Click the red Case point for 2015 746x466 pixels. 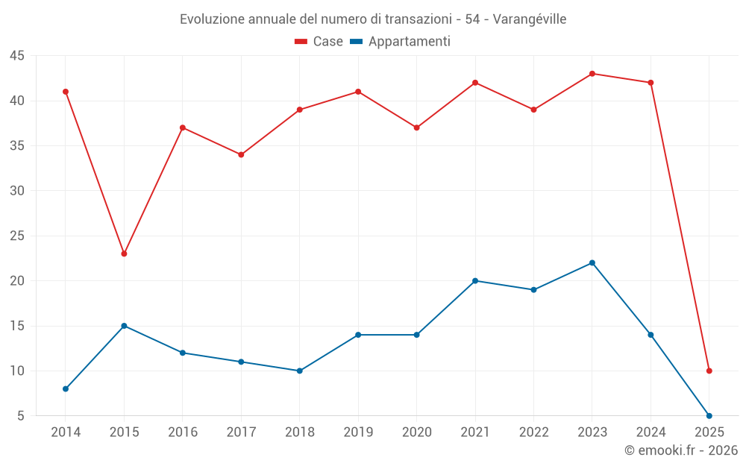click(x=124, y=254)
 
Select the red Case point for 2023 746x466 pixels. click(x=592, y=74)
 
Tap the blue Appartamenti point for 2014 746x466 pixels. click(x=66, y=388)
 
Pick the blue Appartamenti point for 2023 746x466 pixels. click(x=592, y=262)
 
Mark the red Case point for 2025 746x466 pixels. click(x=709, y=371)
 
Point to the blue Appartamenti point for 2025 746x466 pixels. click(x=709, y=415)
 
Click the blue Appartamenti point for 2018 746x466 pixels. click(x=300, y=371)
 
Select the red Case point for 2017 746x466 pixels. click(x=241, y=154)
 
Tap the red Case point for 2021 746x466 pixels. click(x=475, y=83)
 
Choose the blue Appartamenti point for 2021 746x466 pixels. click(x=475, y=280)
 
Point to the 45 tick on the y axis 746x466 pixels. click(x=17, y=56)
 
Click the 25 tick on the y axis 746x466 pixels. click(x=17, y=236)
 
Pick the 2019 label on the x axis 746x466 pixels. click(x=358, y=432)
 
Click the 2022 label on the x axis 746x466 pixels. click(x=533, y=432)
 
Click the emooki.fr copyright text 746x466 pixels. click(x=681, y=450)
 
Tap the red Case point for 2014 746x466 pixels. click(x=66, y=92)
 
